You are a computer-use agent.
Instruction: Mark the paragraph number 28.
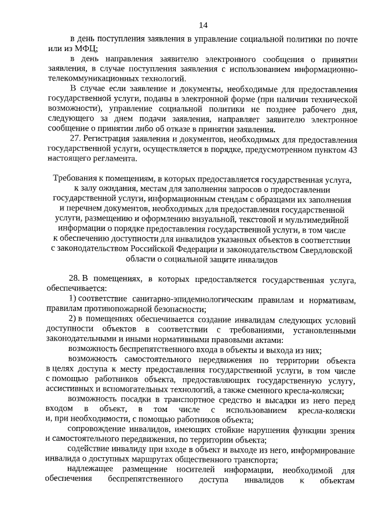[x=74, y=279]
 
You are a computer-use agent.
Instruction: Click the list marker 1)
[x=74, y=299]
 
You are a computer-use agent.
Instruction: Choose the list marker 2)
[x=74, y=320]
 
